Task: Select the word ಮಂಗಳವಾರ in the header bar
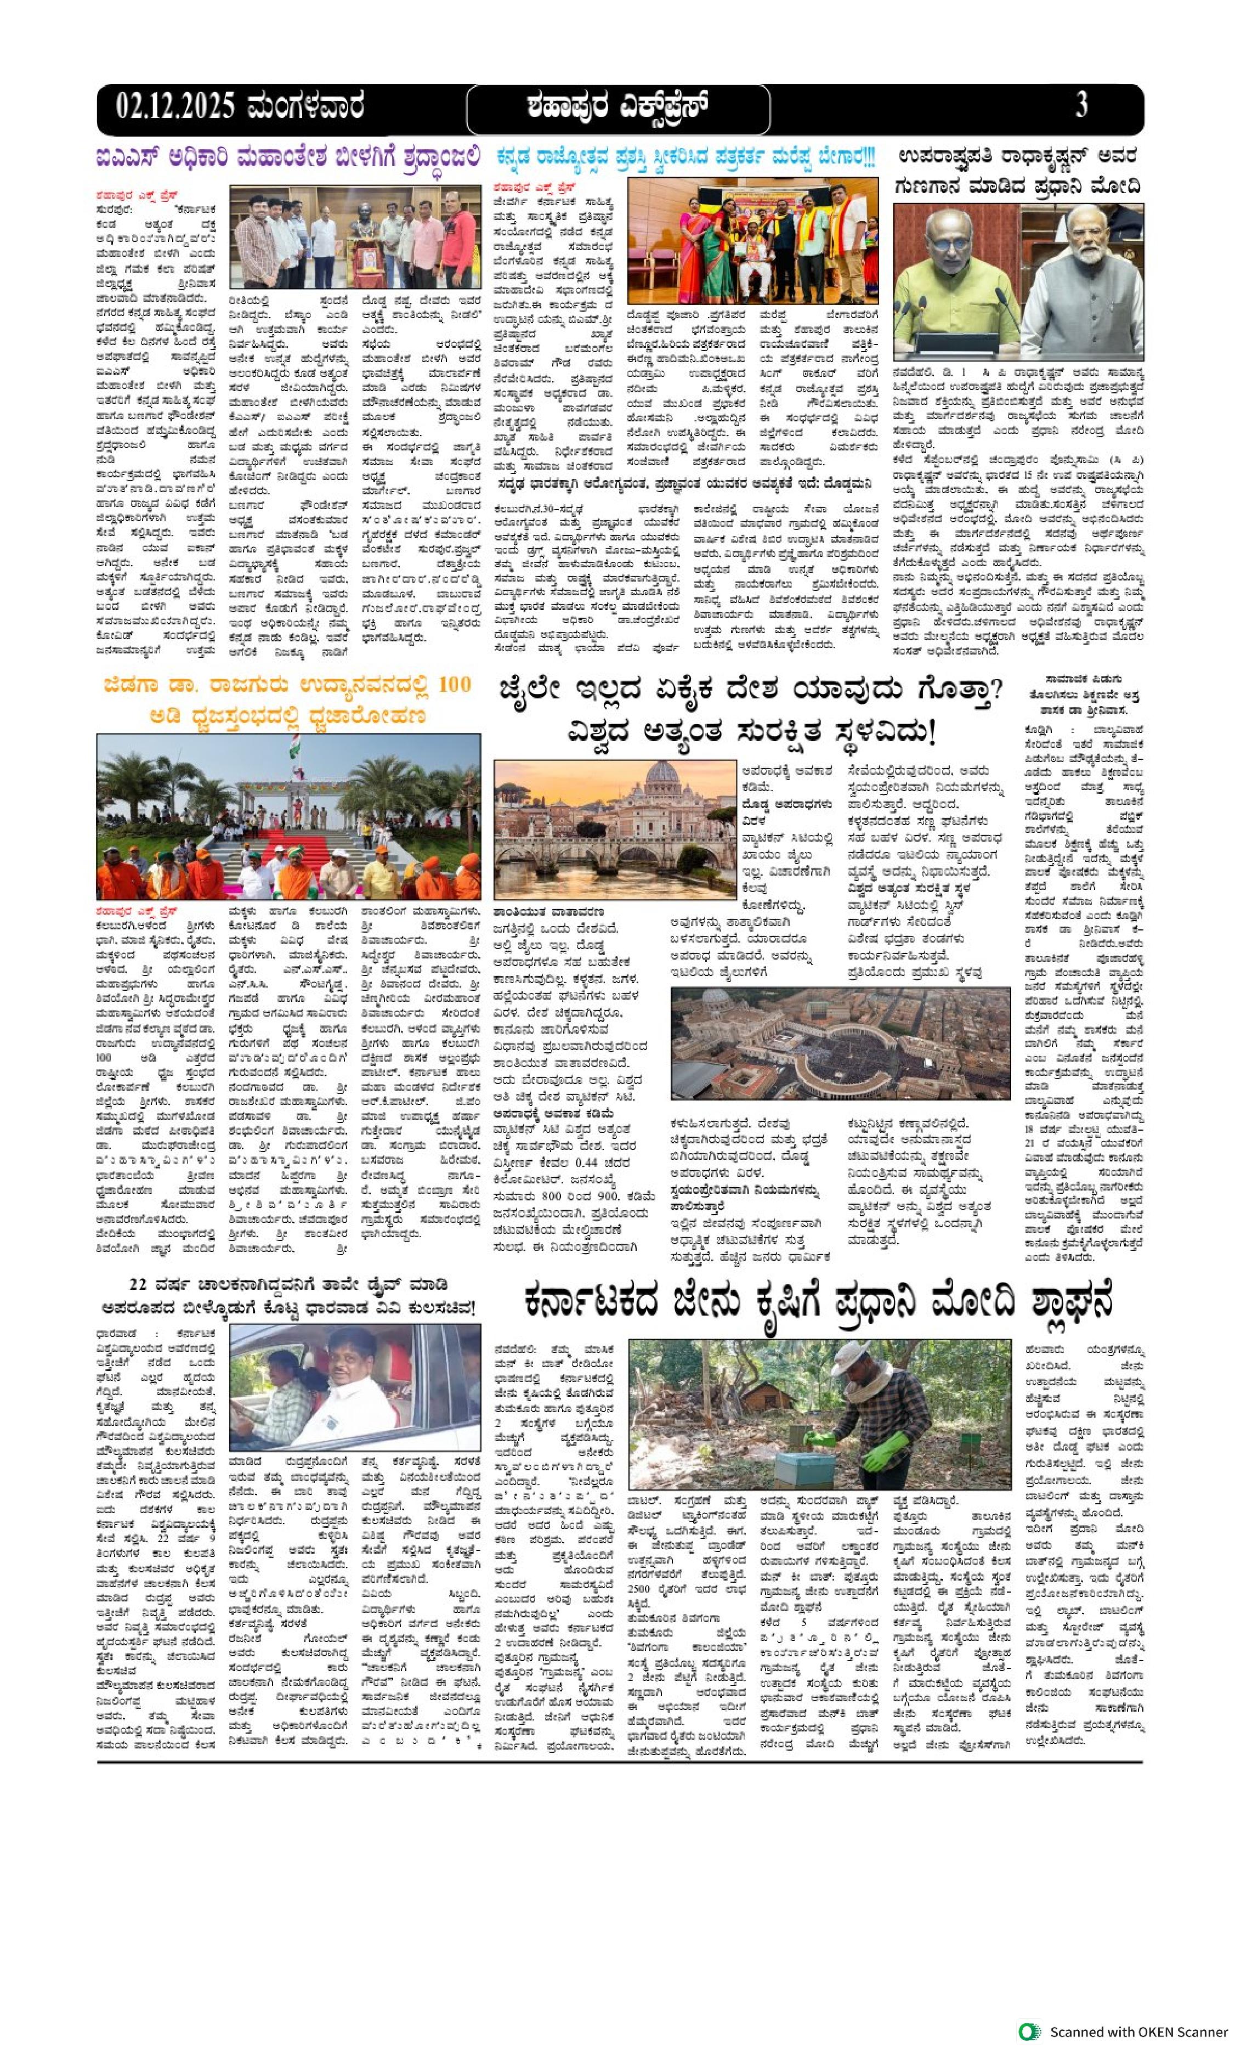click(x=304, y=106)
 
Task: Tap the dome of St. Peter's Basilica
click(x=664, y=776)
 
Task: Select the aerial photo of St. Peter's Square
click(x=840, y=1043)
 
